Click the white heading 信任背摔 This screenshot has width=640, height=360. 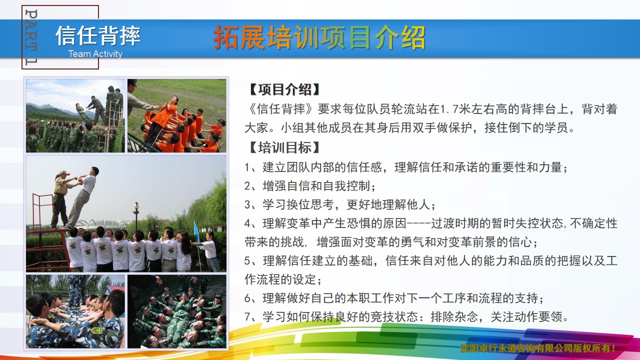click(x=98, y=35)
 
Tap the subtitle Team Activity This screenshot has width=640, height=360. click(x=95, y=53)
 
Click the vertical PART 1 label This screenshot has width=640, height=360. click(x=31, y=37)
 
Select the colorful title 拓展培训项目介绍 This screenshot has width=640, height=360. click(x=319, y=37)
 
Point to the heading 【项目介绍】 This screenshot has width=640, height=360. click(x=284, y=89)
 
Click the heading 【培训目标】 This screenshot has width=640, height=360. click(x=284, y=147)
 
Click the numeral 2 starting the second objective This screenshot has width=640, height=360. click(x=247, y=186)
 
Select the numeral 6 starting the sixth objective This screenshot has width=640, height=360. click(x=247, y=298)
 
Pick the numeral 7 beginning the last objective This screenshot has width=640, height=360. click(x=247, y=317)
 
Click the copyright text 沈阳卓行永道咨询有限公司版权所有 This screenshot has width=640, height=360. click(x=535, y=348)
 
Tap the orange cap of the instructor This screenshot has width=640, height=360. click(x=64, y=173)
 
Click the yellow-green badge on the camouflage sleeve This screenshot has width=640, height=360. click(x=96, y=330)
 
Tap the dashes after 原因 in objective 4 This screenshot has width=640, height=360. click(x=418, y=223)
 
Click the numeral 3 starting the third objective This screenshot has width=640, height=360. click(x=247, y=205)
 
